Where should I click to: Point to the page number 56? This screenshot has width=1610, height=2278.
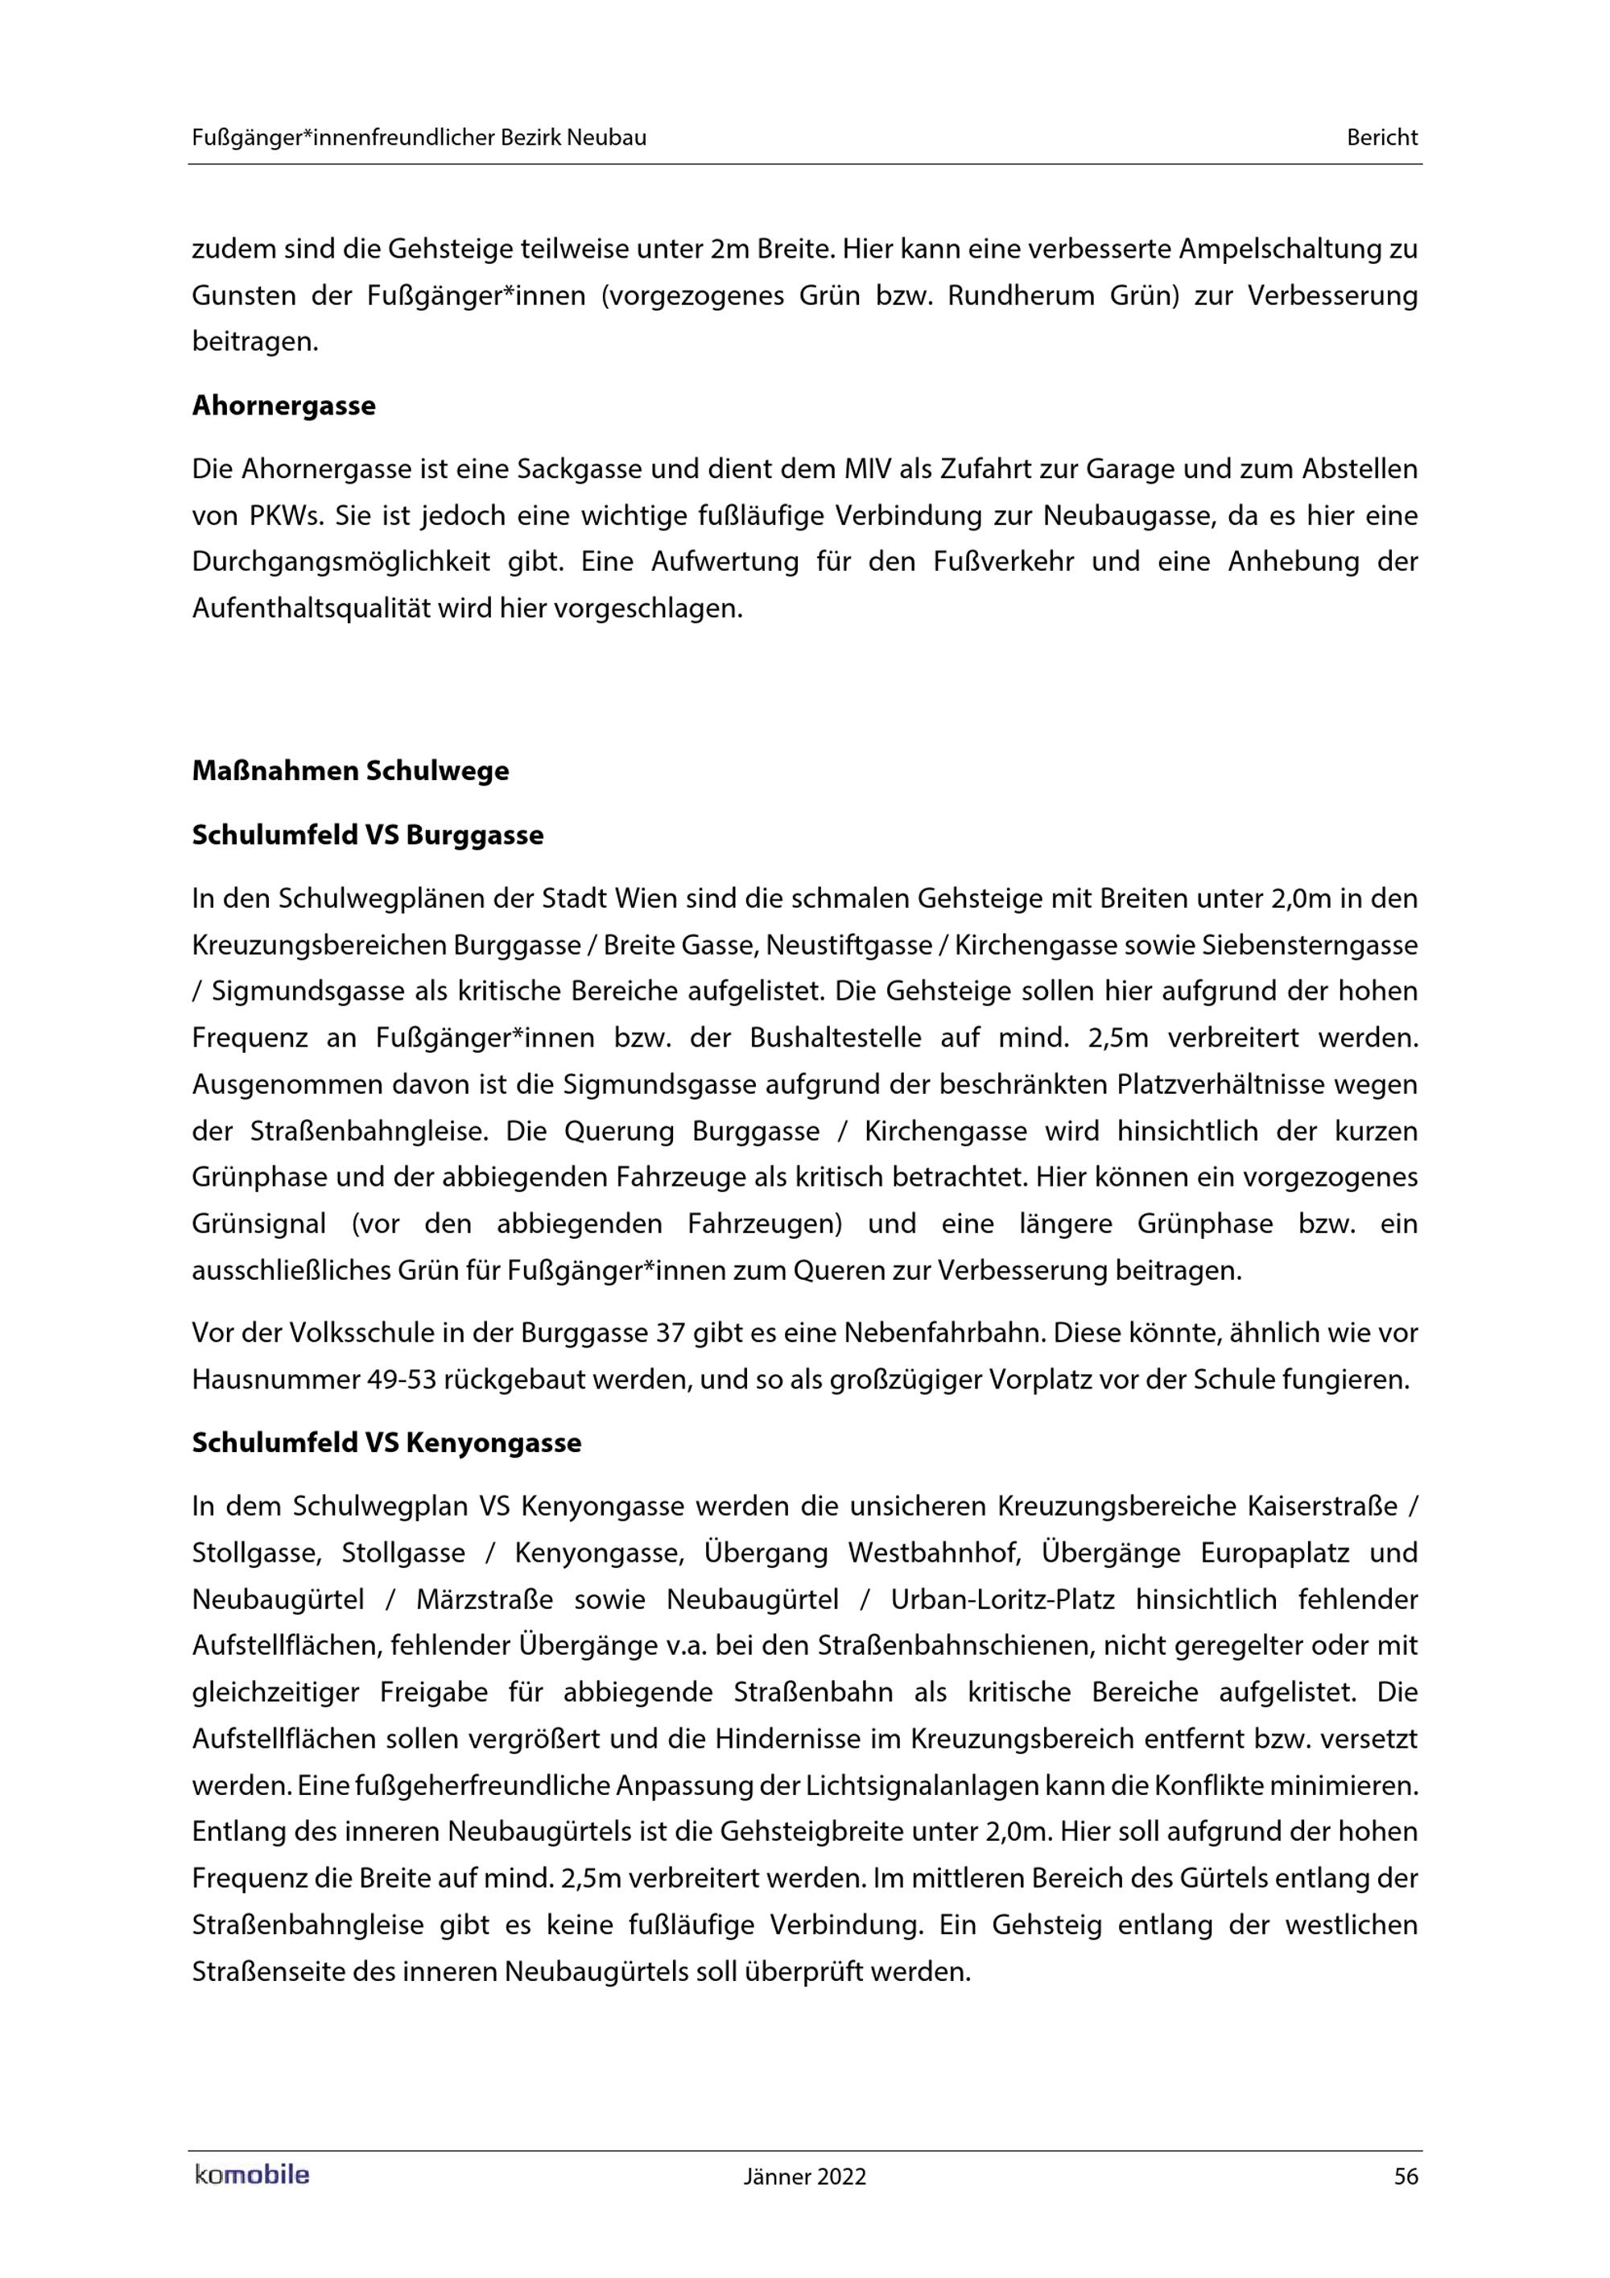(x=1406, y=2177)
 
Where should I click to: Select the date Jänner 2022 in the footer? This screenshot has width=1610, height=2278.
(x=804, y=2177)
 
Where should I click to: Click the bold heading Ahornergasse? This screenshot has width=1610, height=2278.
(x=283, y=406)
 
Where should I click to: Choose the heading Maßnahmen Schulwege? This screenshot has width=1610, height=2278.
(x=350, y=771)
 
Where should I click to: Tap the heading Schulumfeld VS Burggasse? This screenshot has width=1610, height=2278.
(x=367, y=836)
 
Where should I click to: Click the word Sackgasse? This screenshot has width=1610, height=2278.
(x=576, y=469)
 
